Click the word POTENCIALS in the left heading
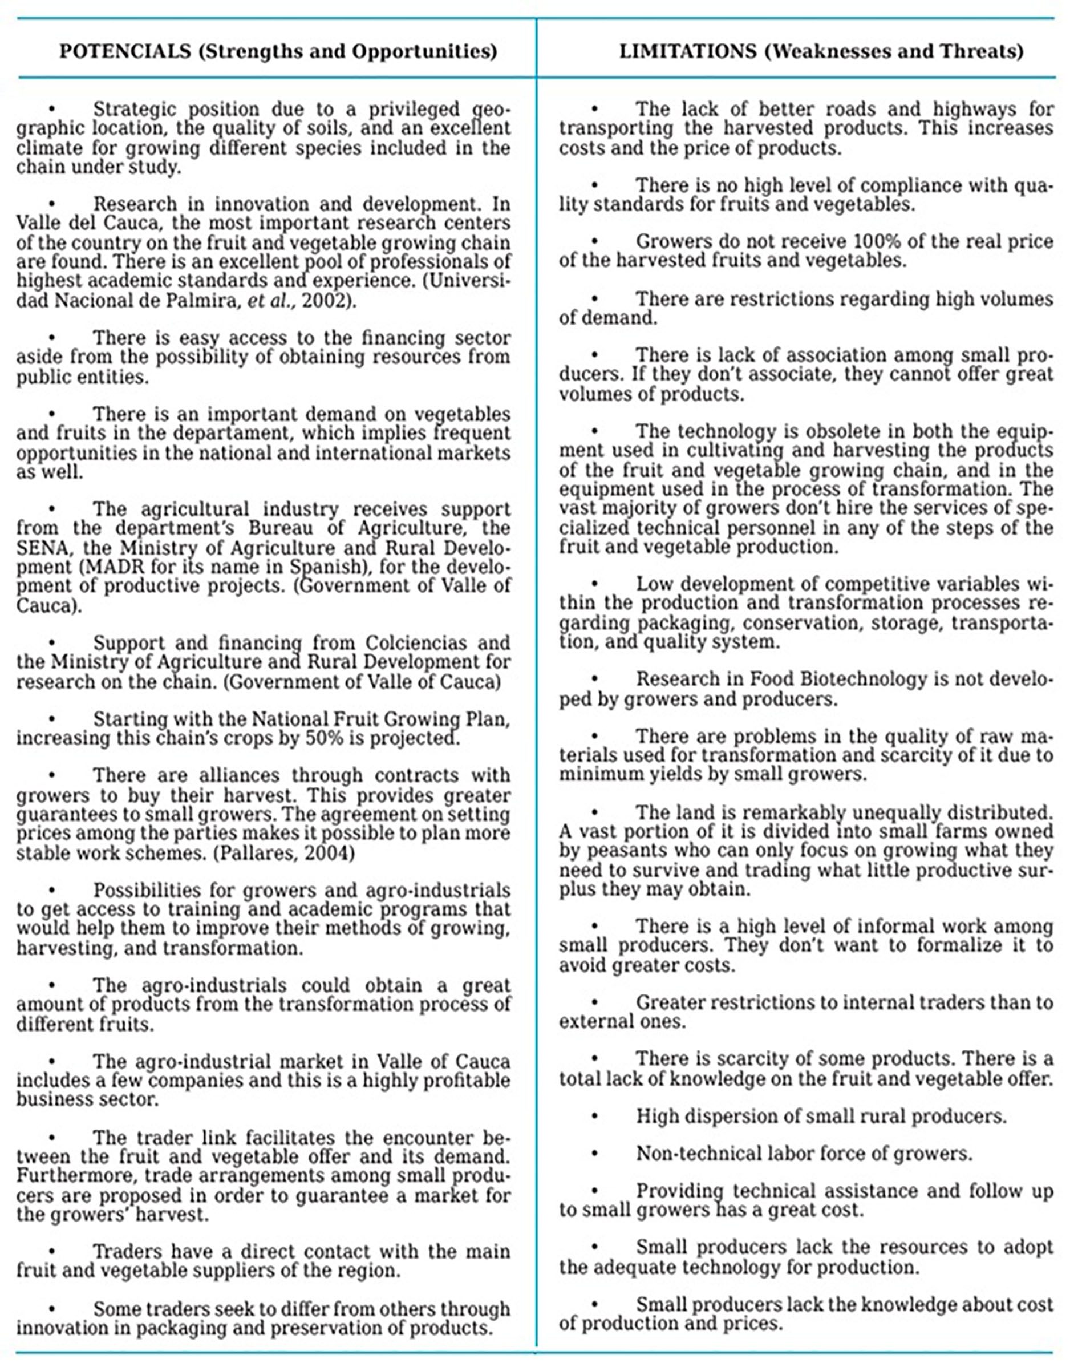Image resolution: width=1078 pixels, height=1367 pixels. point(125,51)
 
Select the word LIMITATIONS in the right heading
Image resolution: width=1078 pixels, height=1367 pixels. point(687,51)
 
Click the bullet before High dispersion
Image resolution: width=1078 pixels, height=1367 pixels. point(594,1117)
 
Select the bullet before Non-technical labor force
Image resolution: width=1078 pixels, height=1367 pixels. point(594,1154)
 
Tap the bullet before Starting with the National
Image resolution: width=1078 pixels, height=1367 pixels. point(52,719)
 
